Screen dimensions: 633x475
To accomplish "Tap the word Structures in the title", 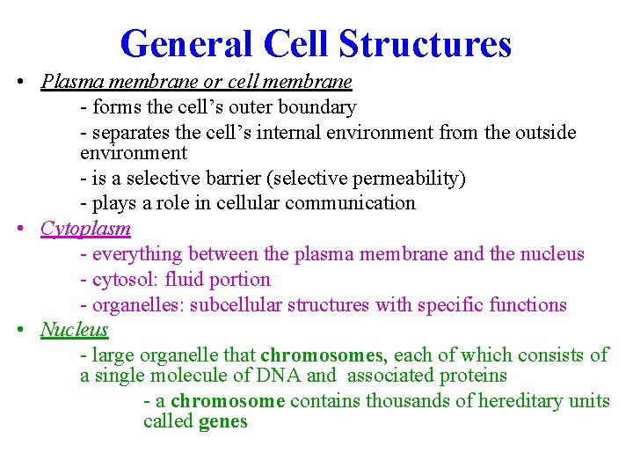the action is [x=424, y=43].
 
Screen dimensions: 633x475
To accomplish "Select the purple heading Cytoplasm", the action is [x=85, y=229].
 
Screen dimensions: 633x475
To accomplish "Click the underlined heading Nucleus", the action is [x=74, y=330].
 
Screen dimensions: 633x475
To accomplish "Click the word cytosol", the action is [x=122, y=280].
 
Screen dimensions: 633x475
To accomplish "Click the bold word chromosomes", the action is [x=324, y=355].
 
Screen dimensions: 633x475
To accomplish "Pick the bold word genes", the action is [x=223, y=422].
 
